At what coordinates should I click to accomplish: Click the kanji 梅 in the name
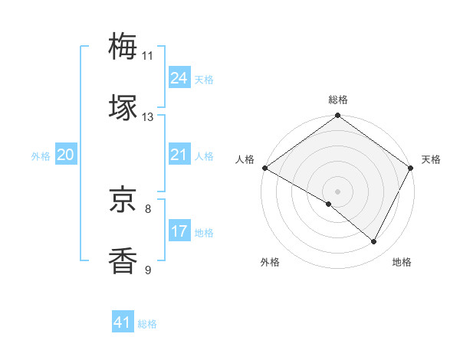123,45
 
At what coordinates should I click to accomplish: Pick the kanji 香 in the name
123,260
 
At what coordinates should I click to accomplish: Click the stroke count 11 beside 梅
148,55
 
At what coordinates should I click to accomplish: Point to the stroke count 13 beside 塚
148,117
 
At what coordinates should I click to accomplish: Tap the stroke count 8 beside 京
148,208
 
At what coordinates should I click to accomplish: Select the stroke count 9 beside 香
148,270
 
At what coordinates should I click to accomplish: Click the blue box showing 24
179,78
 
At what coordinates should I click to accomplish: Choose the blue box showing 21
179,155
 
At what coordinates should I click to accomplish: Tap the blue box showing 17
179,231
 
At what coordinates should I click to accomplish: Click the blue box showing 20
65,155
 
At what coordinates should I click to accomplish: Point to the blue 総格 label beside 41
147,324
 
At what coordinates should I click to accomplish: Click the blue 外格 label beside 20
41,156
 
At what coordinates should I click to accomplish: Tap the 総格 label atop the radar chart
338,100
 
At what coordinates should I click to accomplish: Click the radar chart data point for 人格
264,168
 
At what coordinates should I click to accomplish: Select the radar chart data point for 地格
374,242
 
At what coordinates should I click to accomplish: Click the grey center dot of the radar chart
338,191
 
